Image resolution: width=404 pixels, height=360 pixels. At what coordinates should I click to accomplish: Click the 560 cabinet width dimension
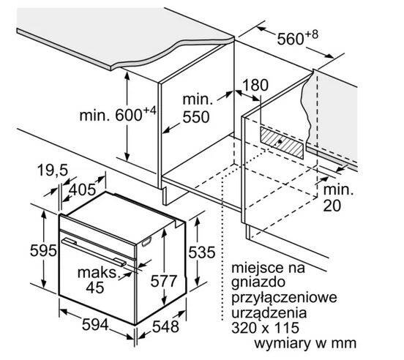(298, 38)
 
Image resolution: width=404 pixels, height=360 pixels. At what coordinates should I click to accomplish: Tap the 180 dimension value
(255, 85)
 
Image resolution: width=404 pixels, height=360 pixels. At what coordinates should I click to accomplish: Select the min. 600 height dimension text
(118, 115)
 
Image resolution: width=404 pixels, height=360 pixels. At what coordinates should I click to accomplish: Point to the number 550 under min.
(196, 117)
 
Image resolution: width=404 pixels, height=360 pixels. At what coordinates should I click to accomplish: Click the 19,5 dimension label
(53, 170)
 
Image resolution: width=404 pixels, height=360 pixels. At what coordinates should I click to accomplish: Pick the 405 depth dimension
(83, 190)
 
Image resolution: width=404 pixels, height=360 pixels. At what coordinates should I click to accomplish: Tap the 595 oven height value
(43, 250)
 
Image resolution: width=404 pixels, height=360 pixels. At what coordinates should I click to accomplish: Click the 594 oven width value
(95, 324)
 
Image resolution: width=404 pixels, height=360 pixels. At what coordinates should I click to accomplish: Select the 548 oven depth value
(165, 327)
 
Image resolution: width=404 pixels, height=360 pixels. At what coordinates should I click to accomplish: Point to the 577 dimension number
(164, 281)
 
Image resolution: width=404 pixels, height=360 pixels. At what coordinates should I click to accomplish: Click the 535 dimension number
(202, 252)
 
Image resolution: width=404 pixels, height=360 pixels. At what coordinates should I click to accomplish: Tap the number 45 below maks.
(95, 288)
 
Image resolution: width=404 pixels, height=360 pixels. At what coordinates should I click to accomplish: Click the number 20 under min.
(332, 206)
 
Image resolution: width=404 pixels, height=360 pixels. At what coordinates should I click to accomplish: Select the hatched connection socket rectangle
(282, 143)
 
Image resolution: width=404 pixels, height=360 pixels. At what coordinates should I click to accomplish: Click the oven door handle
(94, 252)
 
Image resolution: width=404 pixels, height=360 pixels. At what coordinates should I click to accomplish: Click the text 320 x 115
(266, 328)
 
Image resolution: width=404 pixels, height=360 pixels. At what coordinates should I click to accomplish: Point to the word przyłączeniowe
(284, 299)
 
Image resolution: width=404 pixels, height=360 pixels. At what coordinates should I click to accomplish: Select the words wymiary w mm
(305, 343)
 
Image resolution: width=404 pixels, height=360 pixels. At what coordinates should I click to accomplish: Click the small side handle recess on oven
(146, 242)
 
